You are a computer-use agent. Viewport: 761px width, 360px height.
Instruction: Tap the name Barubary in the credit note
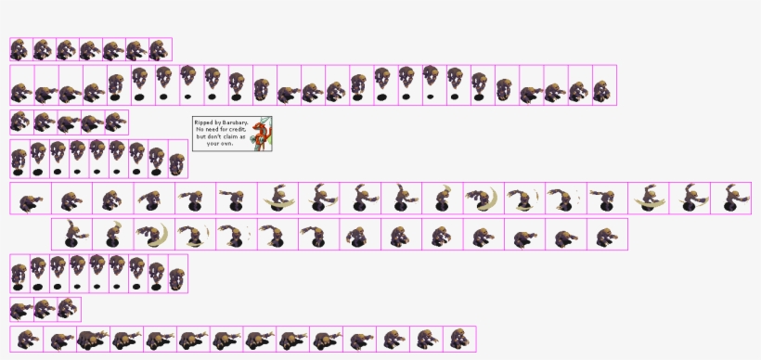point(235,122)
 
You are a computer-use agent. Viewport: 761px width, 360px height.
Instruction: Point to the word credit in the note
point(239,129)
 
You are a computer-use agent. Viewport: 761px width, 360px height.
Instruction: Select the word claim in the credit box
point(229,136)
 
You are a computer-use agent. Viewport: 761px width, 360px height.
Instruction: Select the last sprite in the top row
point(160,49)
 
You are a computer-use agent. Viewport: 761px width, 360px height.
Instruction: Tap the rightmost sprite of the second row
point(604,86)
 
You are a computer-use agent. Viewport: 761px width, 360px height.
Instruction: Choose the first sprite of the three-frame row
point(21,309)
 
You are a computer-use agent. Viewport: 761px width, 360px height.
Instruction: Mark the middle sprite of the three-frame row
point(45,309)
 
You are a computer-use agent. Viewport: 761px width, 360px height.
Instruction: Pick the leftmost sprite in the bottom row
point(27,340)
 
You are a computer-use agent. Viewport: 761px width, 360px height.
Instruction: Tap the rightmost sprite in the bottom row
point(458,340)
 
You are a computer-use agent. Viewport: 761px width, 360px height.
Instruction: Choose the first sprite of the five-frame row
point(21,122)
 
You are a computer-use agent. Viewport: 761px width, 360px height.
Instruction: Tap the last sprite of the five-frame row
point(116,122)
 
